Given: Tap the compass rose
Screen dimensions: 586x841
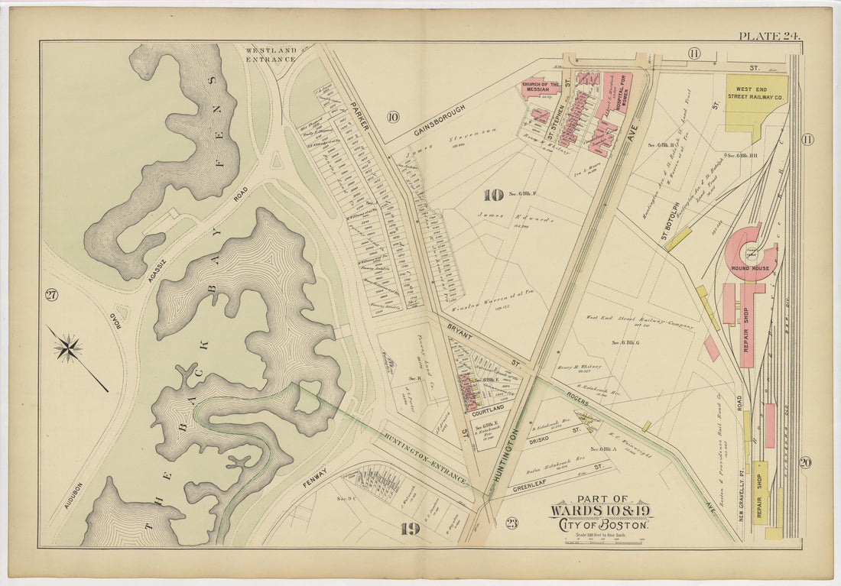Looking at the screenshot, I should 68,348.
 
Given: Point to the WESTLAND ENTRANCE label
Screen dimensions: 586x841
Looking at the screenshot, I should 270,54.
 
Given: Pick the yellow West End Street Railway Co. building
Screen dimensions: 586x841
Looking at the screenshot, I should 755,98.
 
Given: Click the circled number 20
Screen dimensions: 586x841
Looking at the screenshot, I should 805,462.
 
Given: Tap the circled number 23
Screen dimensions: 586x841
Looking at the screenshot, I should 511,523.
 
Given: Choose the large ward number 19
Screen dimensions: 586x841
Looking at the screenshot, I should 410,528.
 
